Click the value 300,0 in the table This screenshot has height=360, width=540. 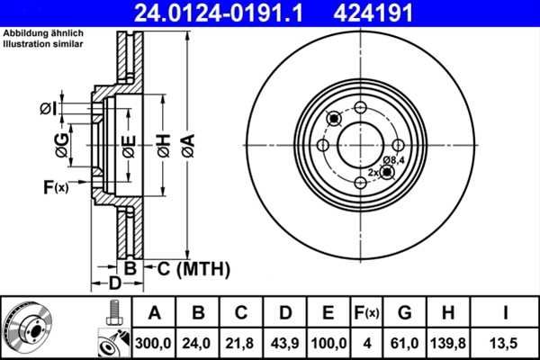154,343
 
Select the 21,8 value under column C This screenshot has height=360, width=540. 242,343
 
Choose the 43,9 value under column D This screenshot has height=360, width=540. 285,343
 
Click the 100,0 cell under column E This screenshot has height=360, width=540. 328,343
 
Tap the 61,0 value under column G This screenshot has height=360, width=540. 405,343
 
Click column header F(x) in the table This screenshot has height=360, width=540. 366,313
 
